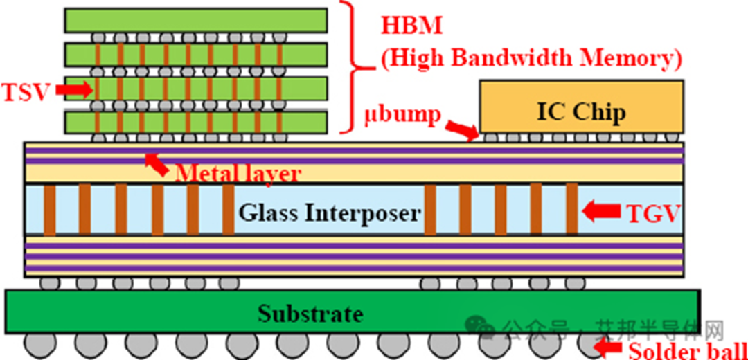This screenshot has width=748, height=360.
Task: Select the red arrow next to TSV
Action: click(x=73, y=89)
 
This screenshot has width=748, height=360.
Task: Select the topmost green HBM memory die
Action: click(x=196, y=20)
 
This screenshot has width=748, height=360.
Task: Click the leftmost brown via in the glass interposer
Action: click(x=49, y=210)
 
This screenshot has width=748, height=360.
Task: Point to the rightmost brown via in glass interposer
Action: click(x=571, y=210)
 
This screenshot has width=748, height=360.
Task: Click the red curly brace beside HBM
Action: click(x=353, y=67)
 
